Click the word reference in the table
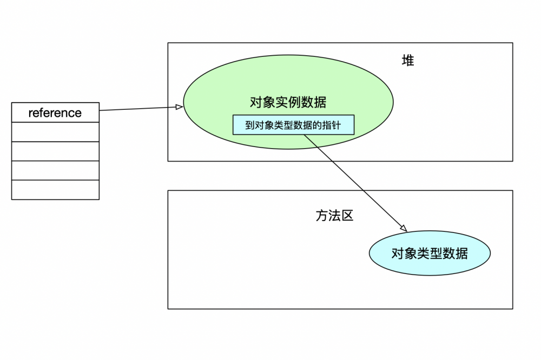[x=55, y=112]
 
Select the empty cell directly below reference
[x=55, y=132]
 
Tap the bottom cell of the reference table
[x=55, y=190]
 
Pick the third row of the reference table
[x=55, y=151]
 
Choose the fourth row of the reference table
[x=55, y=170]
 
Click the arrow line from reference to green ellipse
[x=138, y=109]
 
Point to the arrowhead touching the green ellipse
[x=180, y=107]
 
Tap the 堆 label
[x=408, y=61]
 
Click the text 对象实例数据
[x=288, y=102]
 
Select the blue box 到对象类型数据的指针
[x=294, y=125]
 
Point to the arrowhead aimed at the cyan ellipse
[x=403, y=227]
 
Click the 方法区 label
[x=334, y=216]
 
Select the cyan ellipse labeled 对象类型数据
[x=430, y=253]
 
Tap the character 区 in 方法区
[x=347, y=216]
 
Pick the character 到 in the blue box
[x=250, y=125]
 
